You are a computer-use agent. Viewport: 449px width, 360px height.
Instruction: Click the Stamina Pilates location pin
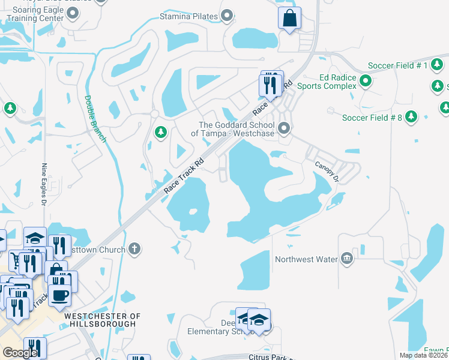[227, 16]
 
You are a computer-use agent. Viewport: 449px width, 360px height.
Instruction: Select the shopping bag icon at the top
[289, 18]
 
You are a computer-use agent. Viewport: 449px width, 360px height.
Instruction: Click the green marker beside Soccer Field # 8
[411, 116]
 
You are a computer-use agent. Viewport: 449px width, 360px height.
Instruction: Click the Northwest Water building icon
[346, 259]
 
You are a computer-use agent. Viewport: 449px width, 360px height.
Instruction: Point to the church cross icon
[135, 249]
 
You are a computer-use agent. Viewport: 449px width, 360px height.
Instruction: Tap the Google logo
[19, 353]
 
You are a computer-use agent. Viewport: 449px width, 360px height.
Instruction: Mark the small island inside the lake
[193, 211]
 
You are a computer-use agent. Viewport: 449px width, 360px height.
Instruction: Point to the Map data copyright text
[423, 355]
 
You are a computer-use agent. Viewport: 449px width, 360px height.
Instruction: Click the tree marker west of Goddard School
[160, 131]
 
